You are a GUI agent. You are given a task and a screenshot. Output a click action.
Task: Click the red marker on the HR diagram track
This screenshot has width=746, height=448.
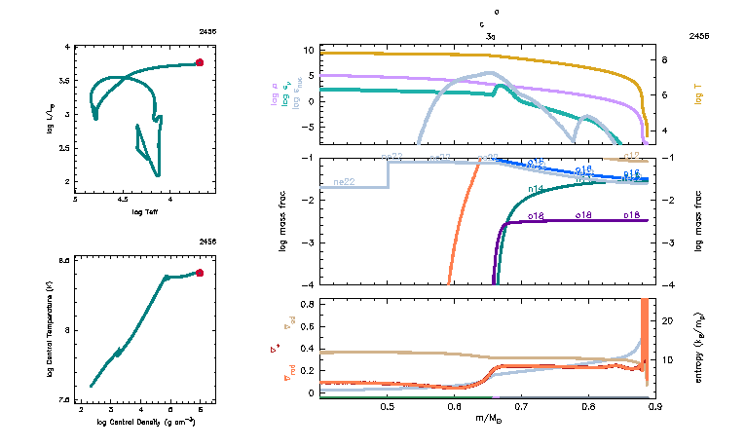click(x=200, y=62)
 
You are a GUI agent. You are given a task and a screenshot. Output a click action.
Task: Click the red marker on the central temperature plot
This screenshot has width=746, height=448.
click(x=200, y=273)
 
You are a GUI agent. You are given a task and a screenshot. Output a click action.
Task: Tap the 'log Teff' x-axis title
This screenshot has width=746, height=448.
click(x=144, y=211)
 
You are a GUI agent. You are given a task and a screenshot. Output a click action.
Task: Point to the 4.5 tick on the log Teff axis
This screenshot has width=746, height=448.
click(x=123, y=201)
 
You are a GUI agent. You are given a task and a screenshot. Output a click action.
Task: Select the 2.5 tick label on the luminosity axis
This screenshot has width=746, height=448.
click(x=65, y=148)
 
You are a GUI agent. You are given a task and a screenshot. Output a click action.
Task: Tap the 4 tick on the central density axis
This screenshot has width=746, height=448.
click(x=140, y=410)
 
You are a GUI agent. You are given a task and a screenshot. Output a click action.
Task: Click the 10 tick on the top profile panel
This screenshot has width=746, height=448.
click(x=307, y=50)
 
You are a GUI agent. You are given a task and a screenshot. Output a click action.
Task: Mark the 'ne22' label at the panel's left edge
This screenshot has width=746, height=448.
click(x=344, y=182)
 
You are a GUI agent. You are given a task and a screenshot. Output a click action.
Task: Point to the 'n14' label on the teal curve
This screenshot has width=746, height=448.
click(x=535, y=188)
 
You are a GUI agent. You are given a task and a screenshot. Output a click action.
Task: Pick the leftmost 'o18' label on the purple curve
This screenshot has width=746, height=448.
click(x=534, y=215)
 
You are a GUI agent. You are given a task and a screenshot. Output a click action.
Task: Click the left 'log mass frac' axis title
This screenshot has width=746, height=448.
click(x=283, y=221)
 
